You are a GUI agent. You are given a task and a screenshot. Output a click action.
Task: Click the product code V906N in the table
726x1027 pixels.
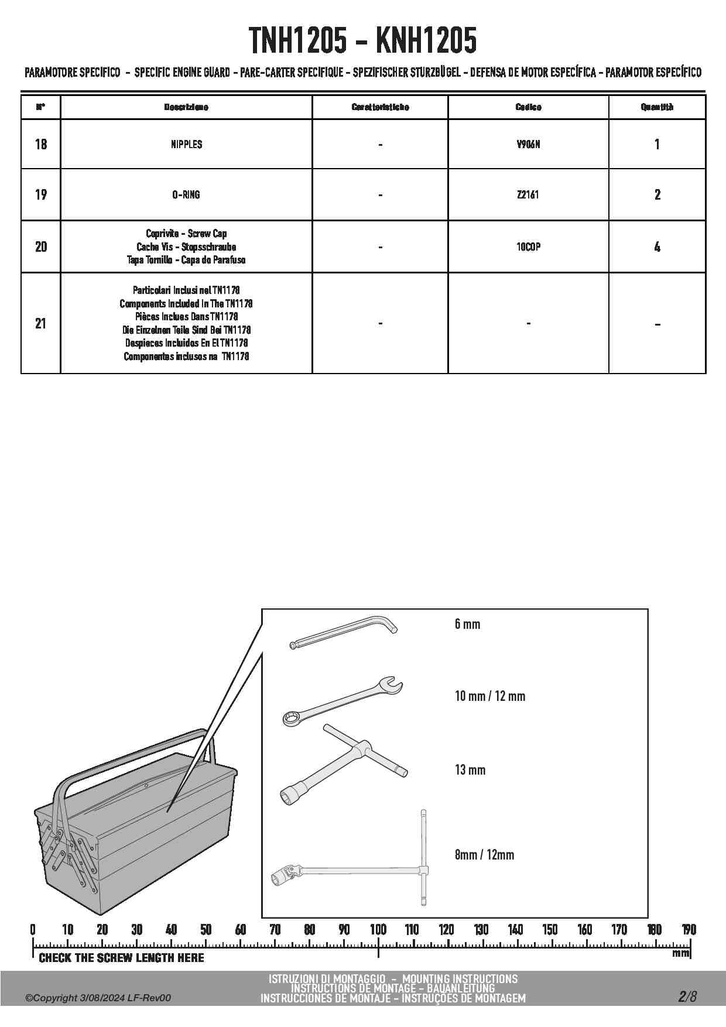tap(528, 144)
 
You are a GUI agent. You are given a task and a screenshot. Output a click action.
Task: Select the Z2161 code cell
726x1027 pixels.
tap(528, 194)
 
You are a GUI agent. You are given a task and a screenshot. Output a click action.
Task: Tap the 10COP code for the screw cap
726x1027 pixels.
tap(528, 247)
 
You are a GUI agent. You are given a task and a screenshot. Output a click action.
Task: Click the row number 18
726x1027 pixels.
tap(41, 144)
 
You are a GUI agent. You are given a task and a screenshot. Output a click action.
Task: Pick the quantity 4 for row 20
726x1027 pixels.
tap(657, 247)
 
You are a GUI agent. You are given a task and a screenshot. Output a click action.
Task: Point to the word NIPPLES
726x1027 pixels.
tap(186, 144)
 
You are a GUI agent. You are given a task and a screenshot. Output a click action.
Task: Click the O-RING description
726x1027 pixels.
tap(186, 194)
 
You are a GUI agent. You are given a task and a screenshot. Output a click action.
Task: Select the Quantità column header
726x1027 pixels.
tap(657, 107)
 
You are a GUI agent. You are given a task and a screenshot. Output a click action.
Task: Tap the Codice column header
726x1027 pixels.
tap(528, 107)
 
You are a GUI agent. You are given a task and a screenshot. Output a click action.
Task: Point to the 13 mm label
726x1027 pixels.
tap(470, 769)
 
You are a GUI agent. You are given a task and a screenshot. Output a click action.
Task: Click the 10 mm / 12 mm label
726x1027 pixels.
tap(490, 696)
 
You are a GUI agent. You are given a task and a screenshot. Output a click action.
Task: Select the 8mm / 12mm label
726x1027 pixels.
tap(484, 854)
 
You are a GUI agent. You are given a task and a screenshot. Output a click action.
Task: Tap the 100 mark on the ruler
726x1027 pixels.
tap(378, 929)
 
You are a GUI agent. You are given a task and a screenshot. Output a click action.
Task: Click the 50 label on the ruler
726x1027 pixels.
tap(206, 929)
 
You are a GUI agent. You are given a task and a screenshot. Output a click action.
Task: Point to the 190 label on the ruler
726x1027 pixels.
tap(689, 929)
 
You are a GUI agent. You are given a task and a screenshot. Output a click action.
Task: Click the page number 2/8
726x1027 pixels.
tap(687, 996)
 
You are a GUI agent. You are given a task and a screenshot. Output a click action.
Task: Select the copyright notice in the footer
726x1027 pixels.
tap(98, 998)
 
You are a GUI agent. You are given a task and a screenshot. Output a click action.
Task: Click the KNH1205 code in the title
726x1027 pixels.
tap(426, 41)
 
